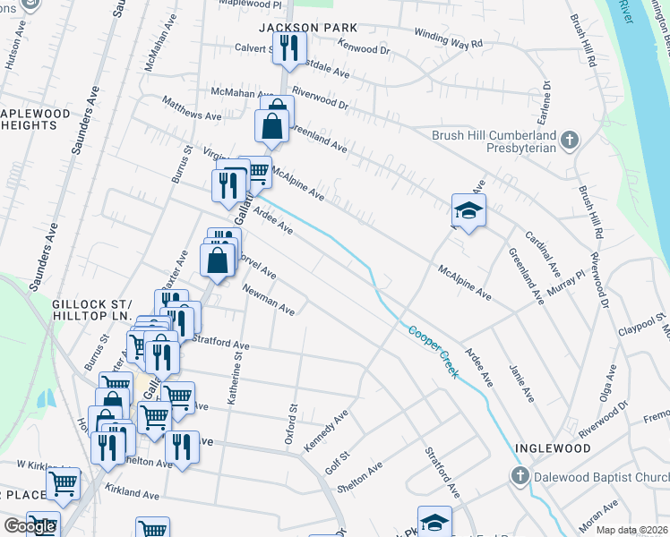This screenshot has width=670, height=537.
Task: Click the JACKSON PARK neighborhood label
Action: point(295,28)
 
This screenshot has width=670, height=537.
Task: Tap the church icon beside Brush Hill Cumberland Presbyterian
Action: point(570,141)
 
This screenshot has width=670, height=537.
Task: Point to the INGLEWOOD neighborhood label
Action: point(552,447)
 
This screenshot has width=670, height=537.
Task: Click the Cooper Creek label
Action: point(434,351)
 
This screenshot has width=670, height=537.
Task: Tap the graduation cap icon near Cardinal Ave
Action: point(468,211)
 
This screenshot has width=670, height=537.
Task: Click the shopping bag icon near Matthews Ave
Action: point(271,126)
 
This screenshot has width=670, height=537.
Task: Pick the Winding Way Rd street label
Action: point(448,38)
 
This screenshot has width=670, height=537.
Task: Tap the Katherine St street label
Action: point(237,379)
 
